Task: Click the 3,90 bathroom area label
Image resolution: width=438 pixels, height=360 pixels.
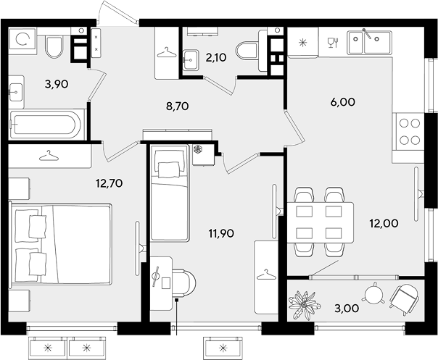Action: [57, 84]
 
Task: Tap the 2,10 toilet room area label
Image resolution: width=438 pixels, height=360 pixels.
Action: [215, 57]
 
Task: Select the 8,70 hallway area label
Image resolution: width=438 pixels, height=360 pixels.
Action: [178, 106]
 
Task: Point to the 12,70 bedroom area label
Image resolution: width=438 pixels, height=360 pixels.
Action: [109, 183]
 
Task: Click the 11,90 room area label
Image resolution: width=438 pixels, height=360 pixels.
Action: [221, 233]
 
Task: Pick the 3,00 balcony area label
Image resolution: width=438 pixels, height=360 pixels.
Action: [347, 309]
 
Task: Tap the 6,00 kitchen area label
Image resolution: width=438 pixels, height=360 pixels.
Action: [343, 102]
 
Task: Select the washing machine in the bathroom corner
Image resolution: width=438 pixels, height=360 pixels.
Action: [22, 41]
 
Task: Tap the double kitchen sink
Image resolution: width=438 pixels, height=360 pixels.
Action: [369, 43]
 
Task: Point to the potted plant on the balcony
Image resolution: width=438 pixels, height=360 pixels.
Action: [303, 304]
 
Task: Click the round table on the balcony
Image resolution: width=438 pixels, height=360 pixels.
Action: [373, 293]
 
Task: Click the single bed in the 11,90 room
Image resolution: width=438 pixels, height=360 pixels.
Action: [170, 193]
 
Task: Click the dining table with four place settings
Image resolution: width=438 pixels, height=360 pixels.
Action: [321, 222]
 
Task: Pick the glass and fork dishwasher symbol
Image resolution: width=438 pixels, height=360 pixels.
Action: [334, 43]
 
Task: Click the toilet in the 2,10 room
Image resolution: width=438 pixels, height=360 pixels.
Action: [247, 51]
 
